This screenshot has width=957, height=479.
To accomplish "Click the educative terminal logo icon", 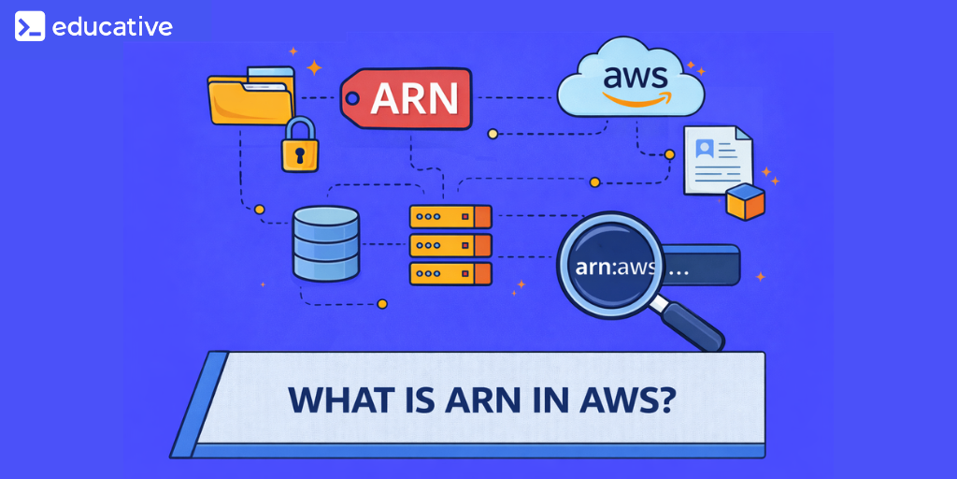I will (29, 26).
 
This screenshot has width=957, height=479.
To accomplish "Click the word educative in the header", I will (112, 26).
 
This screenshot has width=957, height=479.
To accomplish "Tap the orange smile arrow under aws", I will (629, 97).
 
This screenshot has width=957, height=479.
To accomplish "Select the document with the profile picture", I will (716, 160).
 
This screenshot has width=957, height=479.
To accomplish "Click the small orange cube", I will (746, 202).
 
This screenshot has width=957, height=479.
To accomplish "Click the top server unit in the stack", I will (450, 217).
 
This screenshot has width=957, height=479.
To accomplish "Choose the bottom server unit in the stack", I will (450, 274).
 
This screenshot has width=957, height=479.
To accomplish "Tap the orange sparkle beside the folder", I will (314, 67).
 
